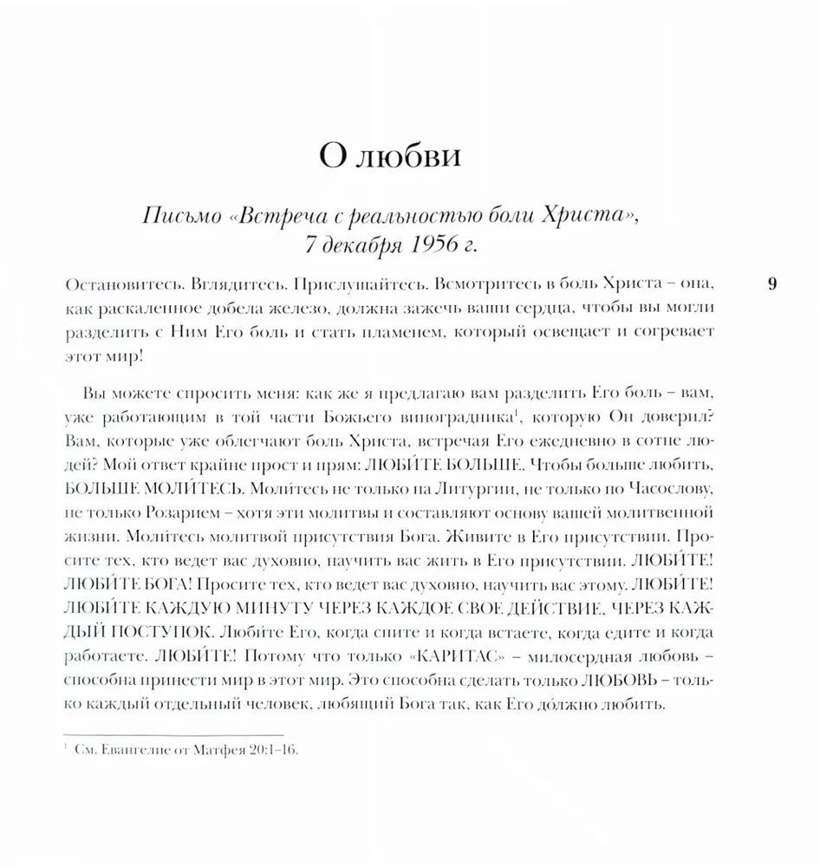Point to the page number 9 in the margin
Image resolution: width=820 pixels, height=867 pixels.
[772, 284]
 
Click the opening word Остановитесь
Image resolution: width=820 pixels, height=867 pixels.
[115, 284]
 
